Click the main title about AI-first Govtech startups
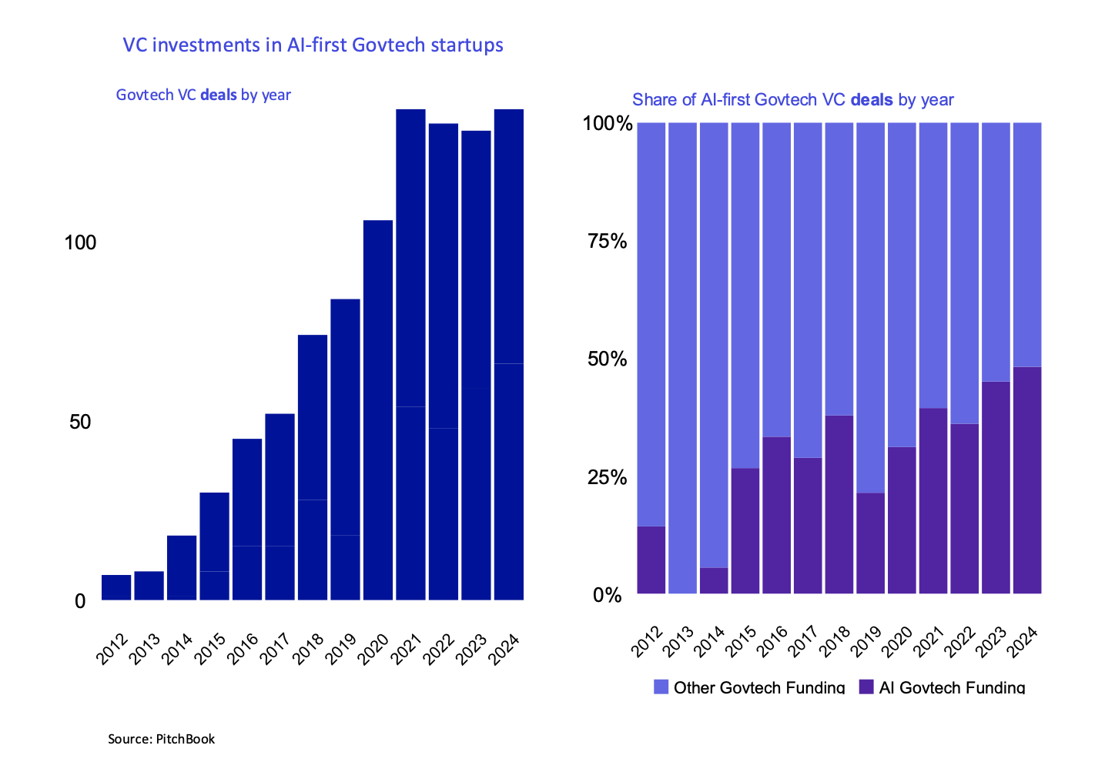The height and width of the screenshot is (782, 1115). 313,45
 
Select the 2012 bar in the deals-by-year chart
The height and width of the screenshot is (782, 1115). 116,587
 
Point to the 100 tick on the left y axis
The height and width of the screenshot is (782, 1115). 80,243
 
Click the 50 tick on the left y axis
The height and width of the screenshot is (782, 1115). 80,422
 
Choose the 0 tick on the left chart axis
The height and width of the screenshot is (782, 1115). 80,601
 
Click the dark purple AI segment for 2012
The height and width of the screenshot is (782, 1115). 651,560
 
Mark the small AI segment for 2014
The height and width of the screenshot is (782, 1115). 714,580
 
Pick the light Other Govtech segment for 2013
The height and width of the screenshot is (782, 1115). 682,358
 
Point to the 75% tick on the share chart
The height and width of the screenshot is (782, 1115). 608,242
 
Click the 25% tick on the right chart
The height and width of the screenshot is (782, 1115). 608,478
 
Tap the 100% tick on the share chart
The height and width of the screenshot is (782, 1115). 608,124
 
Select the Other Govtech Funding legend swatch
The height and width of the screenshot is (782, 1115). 661,687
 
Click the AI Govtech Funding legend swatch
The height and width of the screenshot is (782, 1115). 866,687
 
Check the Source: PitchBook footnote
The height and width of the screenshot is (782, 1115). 161,739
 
